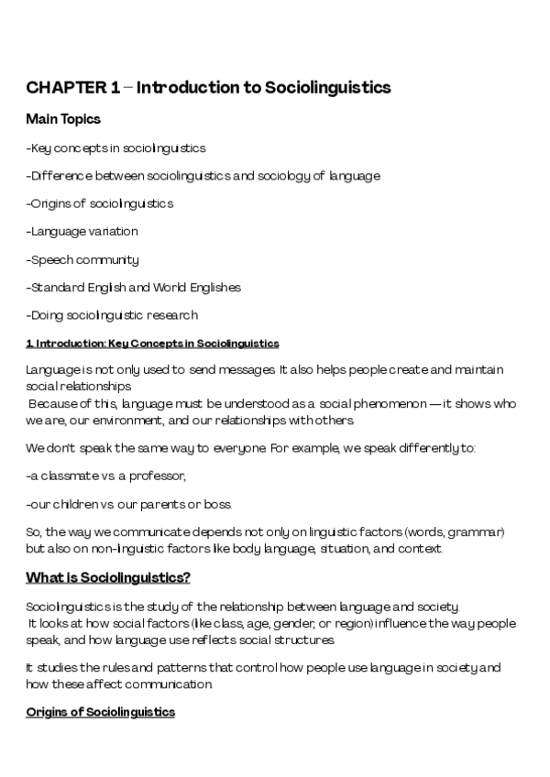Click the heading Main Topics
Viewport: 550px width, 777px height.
tap(63, 119)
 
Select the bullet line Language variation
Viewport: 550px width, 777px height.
tap(82, 232)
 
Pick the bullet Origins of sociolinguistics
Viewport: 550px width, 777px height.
tap(100, 203)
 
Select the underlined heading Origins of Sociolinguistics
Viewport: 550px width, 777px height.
tap(100, 712)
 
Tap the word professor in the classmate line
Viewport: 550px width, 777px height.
tap(162, 476)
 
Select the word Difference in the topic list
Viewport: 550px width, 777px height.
tap(59, 176)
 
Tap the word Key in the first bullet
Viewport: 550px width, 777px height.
tap(40, 148)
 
